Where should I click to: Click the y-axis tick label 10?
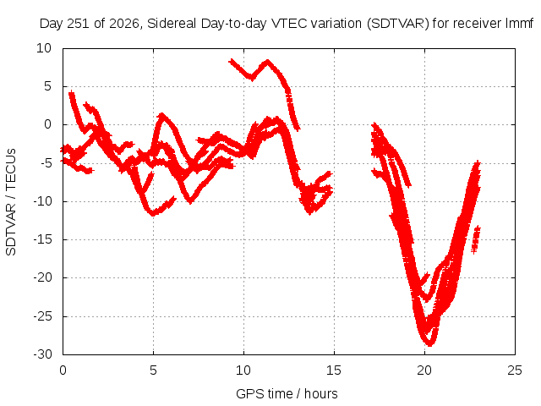(44, 48)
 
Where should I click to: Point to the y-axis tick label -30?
(42, 354)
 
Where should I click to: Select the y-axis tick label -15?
(42, 239)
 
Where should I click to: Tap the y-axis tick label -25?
(42, 316)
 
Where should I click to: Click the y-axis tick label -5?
(46, 163)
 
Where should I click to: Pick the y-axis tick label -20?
(42, 277)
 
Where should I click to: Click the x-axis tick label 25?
(515, 370)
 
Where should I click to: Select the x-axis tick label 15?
(334, 370)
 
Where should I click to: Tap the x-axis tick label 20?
(424, 370)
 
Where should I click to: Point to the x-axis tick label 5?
(153, 370)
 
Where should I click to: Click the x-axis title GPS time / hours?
(287, 393)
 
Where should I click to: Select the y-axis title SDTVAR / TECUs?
(11, 202)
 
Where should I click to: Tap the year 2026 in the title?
(124, 24)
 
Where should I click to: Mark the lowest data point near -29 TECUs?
(430, 344)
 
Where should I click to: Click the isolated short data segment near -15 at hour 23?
(476, 239)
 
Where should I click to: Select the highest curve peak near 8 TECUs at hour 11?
(267, 62)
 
